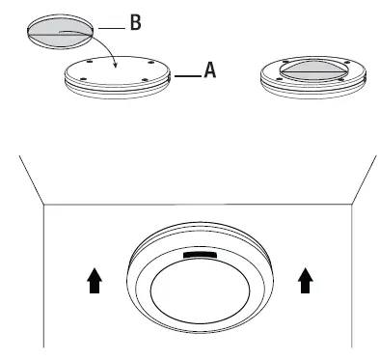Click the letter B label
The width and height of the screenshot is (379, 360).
point(135,22)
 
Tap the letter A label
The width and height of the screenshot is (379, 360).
point(208,69)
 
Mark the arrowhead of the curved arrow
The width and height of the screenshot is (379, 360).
point(115,68)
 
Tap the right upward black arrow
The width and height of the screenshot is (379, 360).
point(306,281)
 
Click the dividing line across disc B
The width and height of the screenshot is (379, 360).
point(60,33)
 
